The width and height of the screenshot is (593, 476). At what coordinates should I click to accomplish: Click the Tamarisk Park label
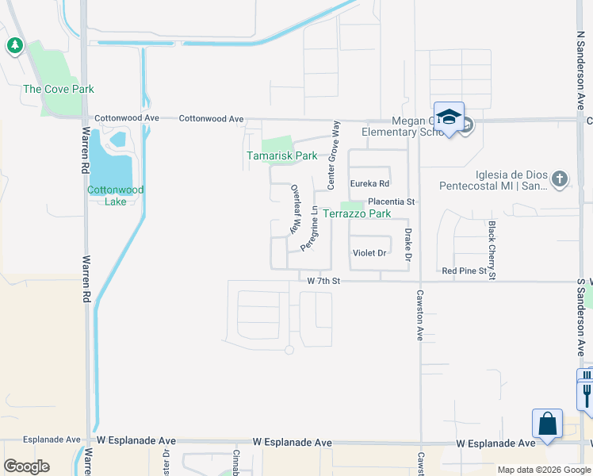[x=281, y=156]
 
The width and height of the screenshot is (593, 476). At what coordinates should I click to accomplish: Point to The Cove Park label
[x=59, y=90]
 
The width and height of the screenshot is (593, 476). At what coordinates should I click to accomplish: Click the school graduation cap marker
[x=448, y=117]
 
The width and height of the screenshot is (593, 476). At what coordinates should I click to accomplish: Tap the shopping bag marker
[x=548, y=424]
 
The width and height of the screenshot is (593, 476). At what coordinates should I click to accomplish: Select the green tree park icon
[x=14, y=46]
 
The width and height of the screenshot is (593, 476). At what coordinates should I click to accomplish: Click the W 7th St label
[x=323, y=281]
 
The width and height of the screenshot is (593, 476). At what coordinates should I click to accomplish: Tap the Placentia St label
[x=391, y=202]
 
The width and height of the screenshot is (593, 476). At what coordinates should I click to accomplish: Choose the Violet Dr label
[x=369, y=253]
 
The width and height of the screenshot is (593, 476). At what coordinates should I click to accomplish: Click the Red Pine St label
[x=464, y=271]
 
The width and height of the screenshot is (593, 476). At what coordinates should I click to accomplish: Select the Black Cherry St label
[x=492, y=251]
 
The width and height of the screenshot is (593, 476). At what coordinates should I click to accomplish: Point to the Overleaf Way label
[x=294, y=209]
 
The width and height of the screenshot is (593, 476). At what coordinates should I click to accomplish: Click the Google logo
[x=27, y=466]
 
